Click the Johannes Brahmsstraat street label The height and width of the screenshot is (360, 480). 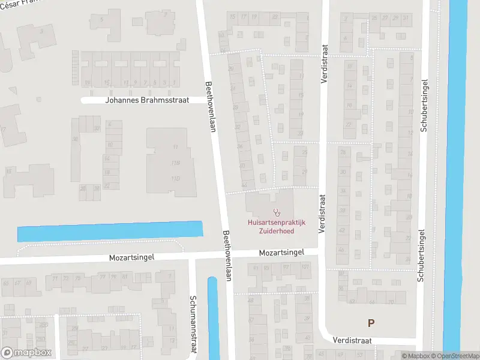coord(147,100)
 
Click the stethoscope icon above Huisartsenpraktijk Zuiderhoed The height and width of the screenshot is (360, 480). coord(277,212)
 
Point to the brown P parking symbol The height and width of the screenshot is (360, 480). coord(371,323)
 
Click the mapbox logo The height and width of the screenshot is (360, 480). coord(26,352)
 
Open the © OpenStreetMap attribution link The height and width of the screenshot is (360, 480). coord(461,356)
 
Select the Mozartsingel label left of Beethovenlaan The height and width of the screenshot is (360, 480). coord(131,257)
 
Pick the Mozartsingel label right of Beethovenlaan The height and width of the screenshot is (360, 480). coord(281,253)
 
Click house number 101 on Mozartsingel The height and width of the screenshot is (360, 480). coord(305,266)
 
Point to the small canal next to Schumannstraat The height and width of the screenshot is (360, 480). coord(213,318)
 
